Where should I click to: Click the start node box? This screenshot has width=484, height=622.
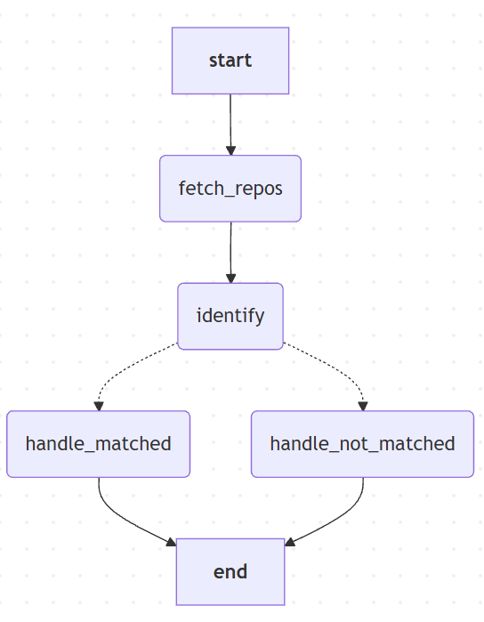230,61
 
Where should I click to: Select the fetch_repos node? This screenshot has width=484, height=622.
230,189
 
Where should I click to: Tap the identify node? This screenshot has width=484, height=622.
230,316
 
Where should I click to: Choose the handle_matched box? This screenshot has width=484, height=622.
99,444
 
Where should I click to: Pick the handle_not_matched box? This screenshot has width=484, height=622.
363,444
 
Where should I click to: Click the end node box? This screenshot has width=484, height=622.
230,571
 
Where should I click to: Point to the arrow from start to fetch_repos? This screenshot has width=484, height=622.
230,125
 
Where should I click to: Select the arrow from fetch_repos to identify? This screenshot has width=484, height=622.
231,253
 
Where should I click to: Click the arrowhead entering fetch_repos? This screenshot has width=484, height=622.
231,150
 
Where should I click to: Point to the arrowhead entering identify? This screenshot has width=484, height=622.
231,279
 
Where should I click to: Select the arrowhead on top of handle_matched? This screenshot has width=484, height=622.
99,406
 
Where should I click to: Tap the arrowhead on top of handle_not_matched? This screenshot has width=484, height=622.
363,406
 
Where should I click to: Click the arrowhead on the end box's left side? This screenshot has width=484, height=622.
172,542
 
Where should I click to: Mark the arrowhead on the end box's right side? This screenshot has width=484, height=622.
290,542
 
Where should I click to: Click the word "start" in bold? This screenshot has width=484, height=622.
230,61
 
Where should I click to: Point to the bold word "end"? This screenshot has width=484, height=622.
230,572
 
